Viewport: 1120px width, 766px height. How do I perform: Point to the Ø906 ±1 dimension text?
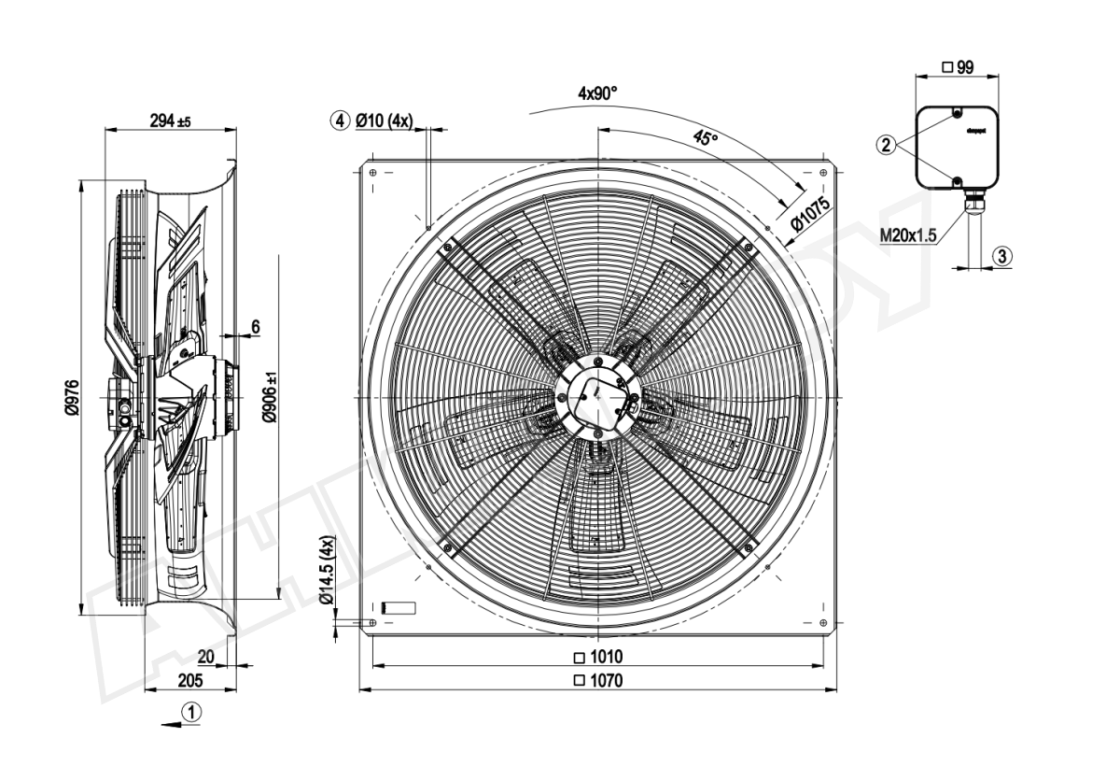(x=270, y=397)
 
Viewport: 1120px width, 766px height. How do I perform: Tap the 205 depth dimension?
(x=192, y=680)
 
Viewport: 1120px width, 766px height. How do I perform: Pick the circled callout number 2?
(x=887, y=145)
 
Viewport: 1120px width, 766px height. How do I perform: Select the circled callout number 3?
(x=1001, y=254)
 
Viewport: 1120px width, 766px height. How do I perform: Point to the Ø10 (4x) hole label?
(x=386, y=121)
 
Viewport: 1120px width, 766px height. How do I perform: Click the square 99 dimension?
(x=958, y=66)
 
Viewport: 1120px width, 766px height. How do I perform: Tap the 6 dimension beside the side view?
(x=255, y=326)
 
